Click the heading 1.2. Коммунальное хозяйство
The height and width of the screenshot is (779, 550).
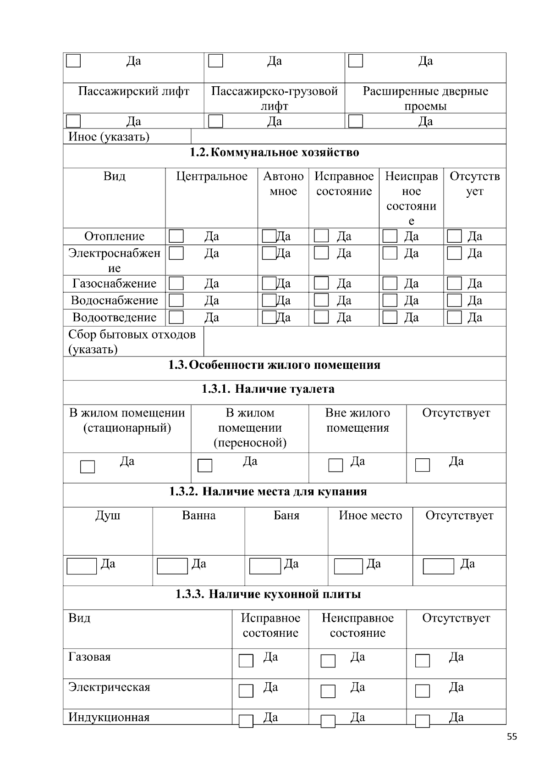tap(274, 153)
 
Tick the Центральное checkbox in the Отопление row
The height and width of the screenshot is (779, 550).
tap(176, 236)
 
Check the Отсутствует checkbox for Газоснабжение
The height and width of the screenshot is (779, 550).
tap(454, 284)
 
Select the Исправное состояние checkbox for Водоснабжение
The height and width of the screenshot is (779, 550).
tap(321, 300)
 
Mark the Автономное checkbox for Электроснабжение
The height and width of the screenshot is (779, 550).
tap(269, 253)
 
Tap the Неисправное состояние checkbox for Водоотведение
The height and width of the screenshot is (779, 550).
tap(390, 317)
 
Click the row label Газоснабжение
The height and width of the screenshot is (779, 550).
tap(114, 284)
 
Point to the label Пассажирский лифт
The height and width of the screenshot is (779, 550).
tap(133, 91)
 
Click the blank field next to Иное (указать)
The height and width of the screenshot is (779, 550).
tap(348, 137)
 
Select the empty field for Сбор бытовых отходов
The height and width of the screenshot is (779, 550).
tap(354, 342)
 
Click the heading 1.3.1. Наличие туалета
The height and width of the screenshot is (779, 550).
tap(268, 389)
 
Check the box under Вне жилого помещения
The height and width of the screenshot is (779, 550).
tap(335, 466)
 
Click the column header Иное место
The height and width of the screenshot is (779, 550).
tap(370, 516)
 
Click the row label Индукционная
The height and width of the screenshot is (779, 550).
tap(109, 718)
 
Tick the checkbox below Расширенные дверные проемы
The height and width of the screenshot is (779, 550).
tap(356, 121)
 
